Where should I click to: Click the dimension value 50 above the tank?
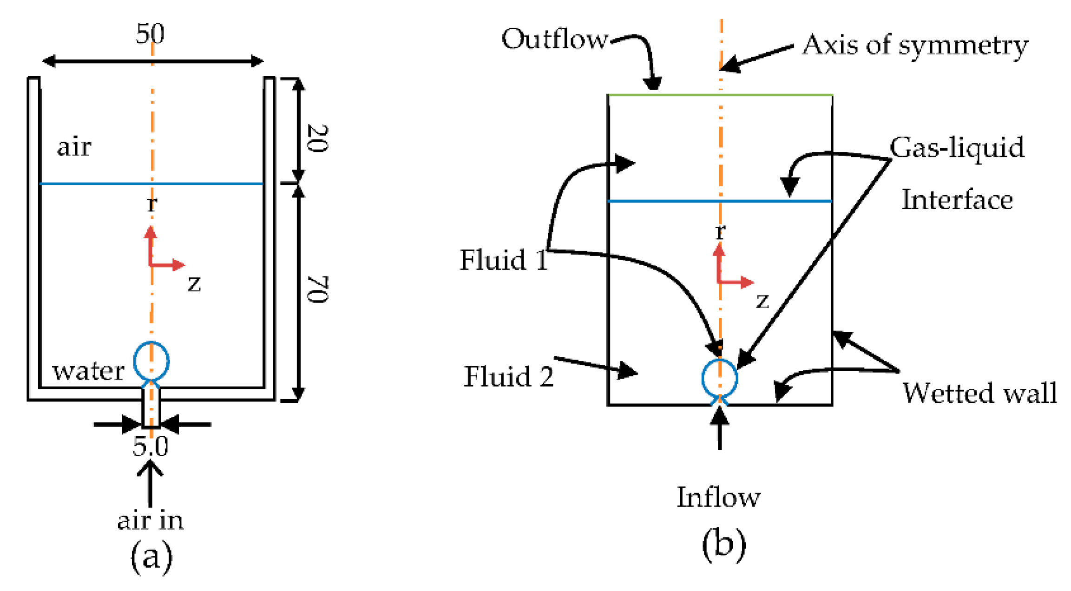pyautogui.click(x=150, y=33)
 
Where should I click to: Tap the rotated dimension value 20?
pyautogui.click(x=318, y=138)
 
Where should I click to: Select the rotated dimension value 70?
pyautogui.click(x=318, y=289)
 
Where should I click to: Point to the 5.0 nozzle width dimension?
pyautogui.click(x=150, y=446)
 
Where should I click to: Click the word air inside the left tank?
pyautogui.click(x=74, y=147)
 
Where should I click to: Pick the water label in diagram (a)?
pyautogui.click(x=88, y=371)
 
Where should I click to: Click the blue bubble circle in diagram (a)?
pyautogui.click(x=151, y=361)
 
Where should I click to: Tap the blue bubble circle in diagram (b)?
pyautogui.click(x=719, y=377)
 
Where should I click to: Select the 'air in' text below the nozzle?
pyautogui.click(x=150, y=520)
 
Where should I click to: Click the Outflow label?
pyautogui.click(x=554, y=39)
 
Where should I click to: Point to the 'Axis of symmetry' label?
pyautogui.click(x=915, y=46)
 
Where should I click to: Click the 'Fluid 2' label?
pyautogui.click(x=509, y=376)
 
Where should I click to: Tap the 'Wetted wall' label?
pyautogui.click(x=979, y=393)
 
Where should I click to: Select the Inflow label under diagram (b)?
pyautogui.click(x=718, y=497)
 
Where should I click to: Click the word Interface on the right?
pyautogui.click(x=957, y=200)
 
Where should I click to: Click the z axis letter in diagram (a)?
pyautogui.click(x=194, y=283)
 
